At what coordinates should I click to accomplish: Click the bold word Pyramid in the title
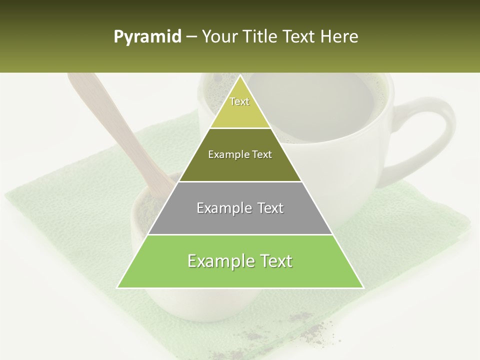coord(147,37)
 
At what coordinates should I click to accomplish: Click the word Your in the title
coord(218,37)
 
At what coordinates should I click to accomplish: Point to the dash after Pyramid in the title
coord(191,37)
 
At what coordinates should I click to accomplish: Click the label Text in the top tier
coord(239,101)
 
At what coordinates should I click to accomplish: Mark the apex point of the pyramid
coord(240,75)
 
